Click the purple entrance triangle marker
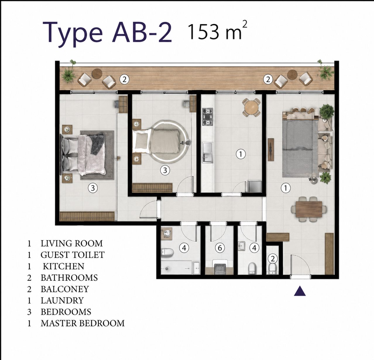click(300, 291)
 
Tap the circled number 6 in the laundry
click(220, 248)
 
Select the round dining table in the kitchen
click(251, 107)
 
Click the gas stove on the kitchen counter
click(207, 116)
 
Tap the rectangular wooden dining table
click(309, 209)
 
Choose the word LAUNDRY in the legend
click(62, 300)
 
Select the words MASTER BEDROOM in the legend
click(83, 323)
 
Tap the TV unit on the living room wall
click(271, 150)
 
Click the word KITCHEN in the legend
click(64, 266)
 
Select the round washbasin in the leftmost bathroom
click(167, 233)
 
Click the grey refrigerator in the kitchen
click(255, 186)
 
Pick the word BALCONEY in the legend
click(65, 289)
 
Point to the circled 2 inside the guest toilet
click(273, 258)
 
